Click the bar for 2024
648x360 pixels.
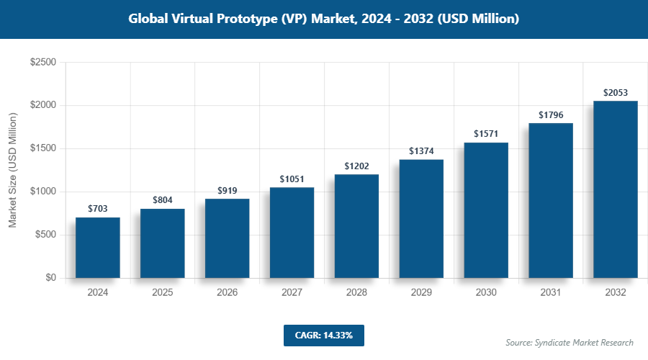point(98,248)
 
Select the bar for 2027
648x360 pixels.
point(292,233)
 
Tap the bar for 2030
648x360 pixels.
point(487,210)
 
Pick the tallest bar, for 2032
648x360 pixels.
point(616,189)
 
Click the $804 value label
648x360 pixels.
point(163,199)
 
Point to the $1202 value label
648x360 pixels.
point(357,166)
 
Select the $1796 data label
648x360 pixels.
point(551,114)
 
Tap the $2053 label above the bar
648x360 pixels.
point(616,92)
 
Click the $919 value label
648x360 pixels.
point(228,190)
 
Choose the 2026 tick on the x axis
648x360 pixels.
point(228,293)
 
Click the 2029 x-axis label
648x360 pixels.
point(422,293)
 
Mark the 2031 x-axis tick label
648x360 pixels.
point(551,293)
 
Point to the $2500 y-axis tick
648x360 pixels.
point(42,63)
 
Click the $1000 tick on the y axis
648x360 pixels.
point(42,192)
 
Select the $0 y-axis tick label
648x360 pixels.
point(50,278)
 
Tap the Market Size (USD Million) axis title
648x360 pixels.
point(12,170)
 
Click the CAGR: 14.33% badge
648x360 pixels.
point(323,335)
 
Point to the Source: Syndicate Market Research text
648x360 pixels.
point(570,342)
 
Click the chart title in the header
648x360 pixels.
point(324,19)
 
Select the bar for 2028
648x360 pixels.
point(357,226)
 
